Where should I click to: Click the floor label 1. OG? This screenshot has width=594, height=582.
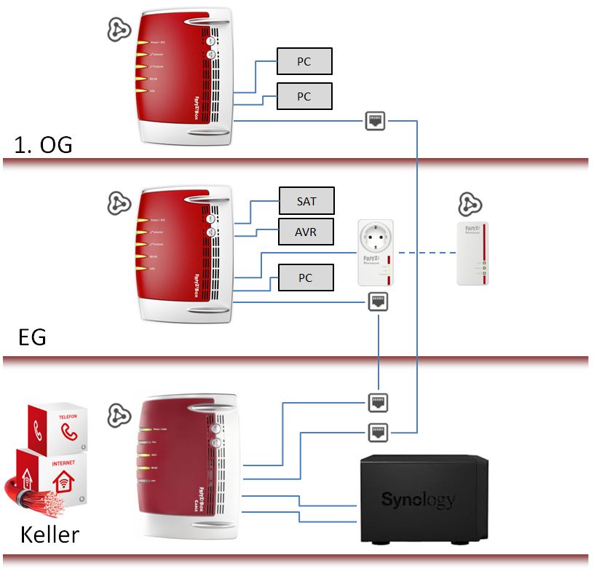[x=43, y=145]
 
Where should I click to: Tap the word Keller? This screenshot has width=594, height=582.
[x=49, y=535]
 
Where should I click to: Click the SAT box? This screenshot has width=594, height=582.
[x=306, y=200]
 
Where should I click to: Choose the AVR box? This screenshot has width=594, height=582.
[x=306, y=232]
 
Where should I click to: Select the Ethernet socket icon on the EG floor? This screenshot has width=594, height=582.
[x=379, y=300]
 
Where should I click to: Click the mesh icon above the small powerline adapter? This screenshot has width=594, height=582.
[x=468, y=205]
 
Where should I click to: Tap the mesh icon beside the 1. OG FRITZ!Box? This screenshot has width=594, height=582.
[x=119, y=30]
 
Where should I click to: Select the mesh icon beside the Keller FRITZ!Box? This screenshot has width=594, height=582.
[x=119, y=414]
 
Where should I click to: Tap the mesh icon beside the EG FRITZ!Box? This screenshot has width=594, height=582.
[x=119, y=205]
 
